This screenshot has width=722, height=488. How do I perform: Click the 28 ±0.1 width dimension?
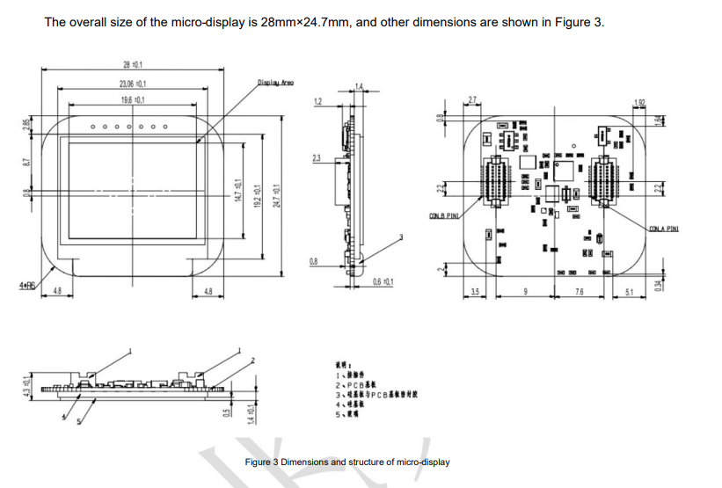click(x=135, y=64)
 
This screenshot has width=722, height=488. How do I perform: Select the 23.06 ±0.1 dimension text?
click(x=133, y=84)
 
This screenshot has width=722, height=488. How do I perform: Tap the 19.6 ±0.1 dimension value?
click(x=134, y=101)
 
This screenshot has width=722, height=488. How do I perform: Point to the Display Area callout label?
click(x=275, y=84)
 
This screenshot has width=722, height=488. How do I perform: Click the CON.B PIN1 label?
click(x=443, y=215)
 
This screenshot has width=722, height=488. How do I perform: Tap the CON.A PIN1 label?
click(x=665, y=229)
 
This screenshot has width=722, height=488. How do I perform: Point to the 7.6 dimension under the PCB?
click(x=580, y=291)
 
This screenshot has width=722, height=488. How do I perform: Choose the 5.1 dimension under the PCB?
click(x=628, y=291)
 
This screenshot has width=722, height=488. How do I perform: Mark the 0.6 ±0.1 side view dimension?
click(x=383, y=281)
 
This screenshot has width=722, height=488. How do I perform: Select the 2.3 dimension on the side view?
click(x=316, y=157)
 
